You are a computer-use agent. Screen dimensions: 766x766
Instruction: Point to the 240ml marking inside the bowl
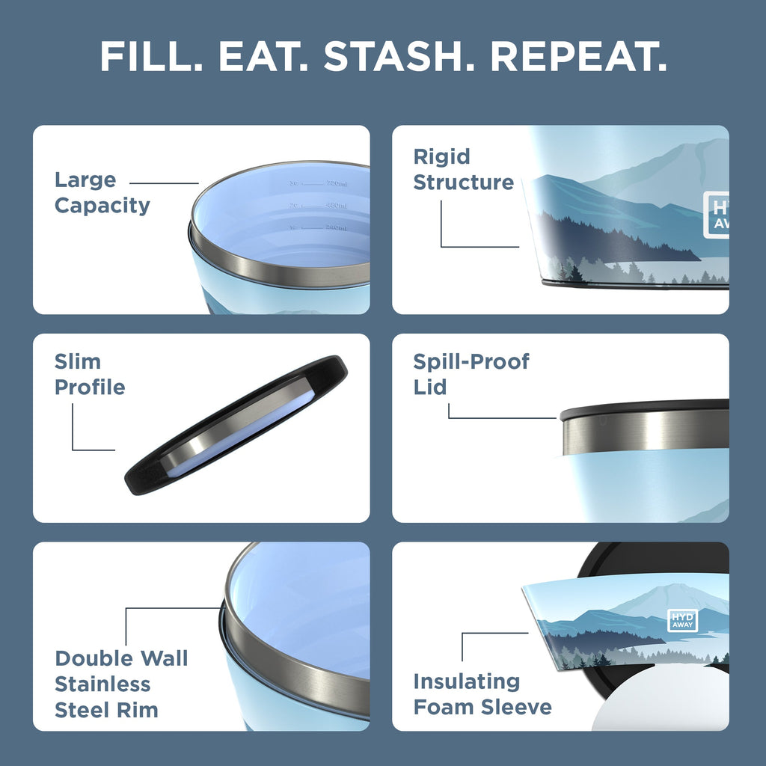337,227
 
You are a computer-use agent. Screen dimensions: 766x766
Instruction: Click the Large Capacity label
101,192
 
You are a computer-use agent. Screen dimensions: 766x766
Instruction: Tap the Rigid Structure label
463,169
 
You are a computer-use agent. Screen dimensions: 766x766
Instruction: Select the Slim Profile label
89,374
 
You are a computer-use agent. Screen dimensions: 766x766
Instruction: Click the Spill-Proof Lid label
471,374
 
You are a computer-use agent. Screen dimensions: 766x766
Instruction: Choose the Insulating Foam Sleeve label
482,694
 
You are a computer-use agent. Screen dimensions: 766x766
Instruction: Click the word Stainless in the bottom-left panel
102,684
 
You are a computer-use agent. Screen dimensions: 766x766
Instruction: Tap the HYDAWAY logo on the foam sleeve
682,620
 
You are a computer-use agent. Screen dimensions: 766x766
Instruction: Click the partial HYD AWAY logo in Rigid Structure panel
717,215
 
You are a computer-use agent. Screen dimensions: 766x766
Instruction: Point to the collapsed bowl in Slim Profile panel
236,425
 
